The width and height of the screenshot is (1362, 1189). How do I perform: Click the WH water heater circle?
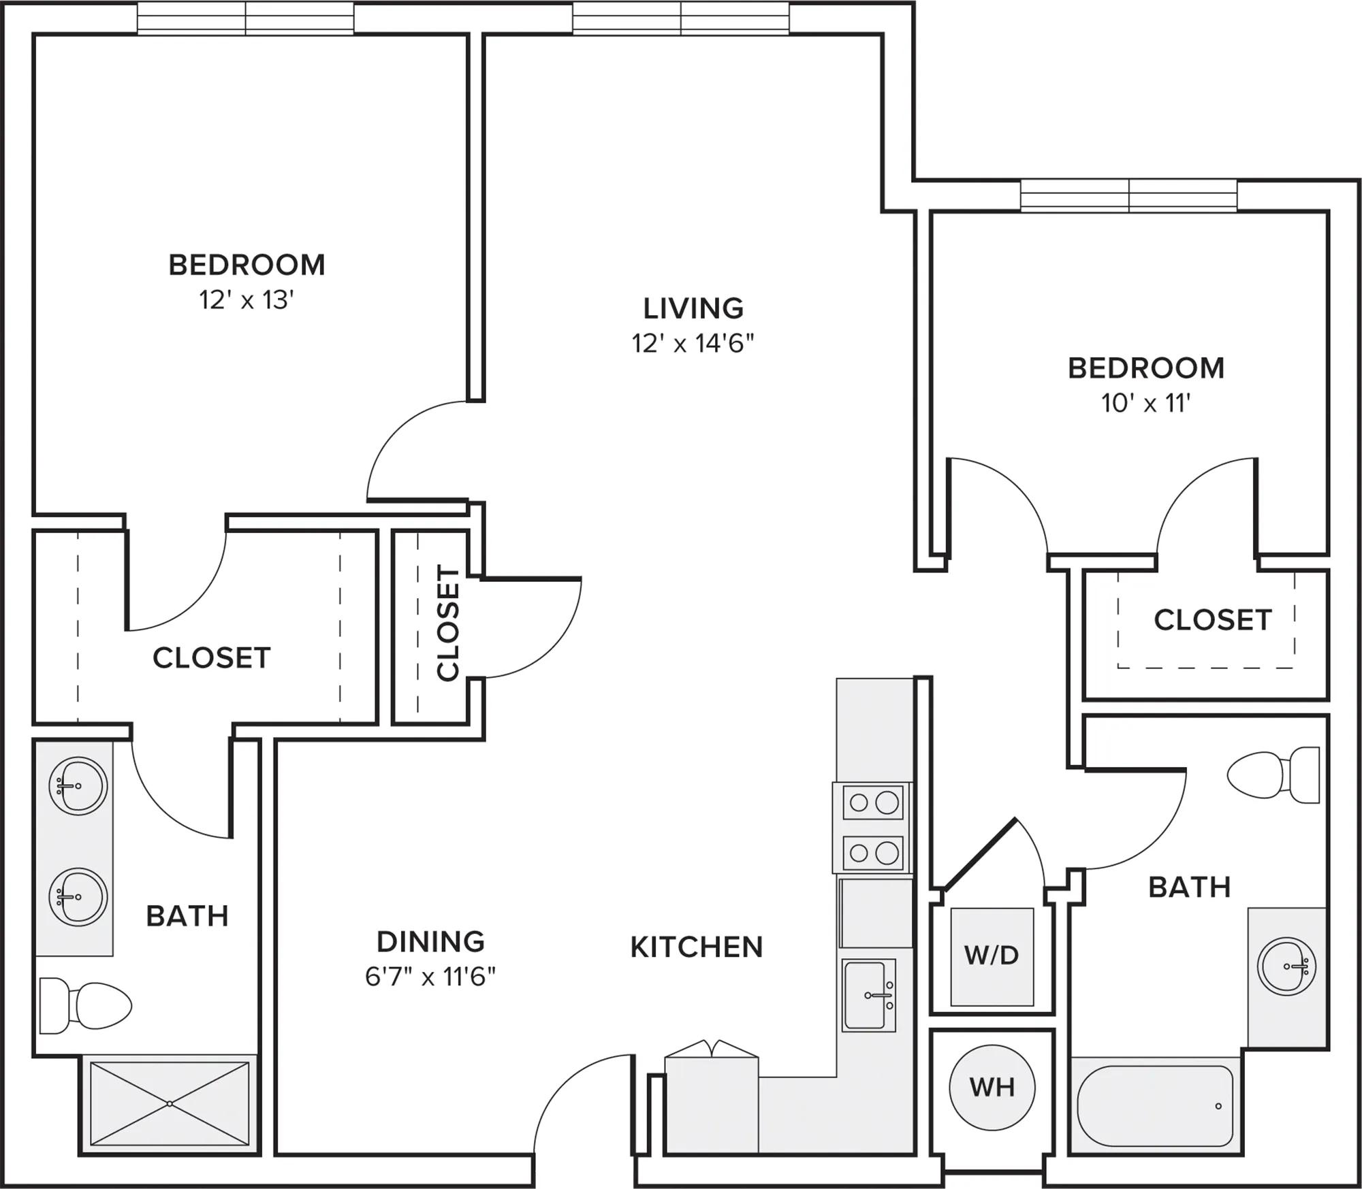point(992,1086)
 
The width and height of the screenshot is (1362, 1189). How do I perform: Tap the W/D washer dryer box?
point(992,956)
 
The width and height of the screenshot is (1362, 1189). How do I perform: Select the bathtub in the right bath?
point(1155,1106)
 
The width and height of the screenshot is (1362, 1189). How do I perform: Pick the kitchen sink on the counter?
point(869,994)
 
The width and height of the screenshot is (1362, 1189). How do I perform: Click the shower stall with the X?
point(170,1103)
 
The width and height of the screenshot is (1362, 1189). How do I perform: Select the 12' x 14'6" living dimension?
point(693,344)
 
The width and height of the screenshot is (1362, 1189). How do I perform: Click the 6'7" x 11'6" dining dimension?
point(430,977)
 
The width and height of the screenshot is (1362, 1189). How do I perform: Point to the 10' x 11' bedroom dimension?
point(1146,404)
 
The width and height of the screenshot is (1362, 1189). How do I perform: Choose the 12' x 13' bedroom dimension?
point(247,299)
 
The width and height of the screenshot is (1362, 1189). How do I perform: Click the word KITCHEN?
point(697,947)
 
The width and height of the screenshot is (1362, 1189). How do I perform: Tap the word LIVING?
point(693,308)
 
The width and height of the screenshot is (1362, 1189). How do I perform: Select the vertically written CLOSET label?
point(448,623)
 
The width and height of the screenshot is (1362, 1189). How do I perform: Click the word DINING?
point(430,941)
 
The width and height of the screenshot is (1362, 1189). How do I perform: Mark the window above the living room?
point(681,18)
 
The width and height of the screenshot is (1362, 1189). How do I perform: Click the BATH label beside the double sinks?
point(187,916)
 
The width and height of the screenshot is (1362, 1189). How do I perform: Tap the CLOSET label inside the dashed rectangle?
point(1213,619)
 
